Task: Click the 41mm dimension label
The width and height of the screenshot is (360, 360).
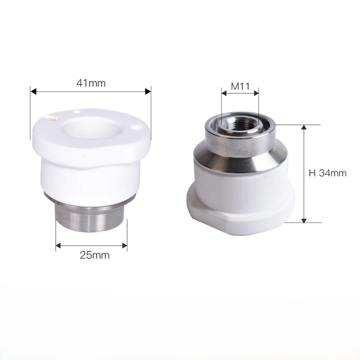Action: tap(91, 83)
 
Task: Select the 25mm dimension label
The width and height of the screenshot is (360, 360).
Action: tap(94, 255)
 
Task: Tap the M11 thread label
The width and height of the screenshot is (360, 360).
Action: tap(240, 86)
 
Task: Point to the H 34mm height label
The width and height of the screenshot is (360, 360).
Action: tap(328, 173)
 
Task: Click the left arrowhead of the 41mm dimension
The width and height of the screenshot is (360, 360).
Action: tap(33, 92)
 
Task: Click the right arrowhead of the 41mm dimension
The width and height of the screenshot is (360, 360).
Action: tap(148, 92)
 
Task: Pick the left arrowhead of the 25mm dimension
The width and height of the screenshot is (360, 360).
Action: tap(58, 245)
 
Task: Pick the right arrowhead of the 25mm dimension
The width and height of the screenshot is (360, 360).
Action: tap(125, 245)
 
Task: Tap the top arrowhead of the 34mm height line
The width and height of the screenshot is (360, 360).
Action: tap(304, 127)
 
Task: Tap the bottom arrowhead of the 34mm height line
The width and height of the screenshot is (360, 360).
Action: tap(304, 221)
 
